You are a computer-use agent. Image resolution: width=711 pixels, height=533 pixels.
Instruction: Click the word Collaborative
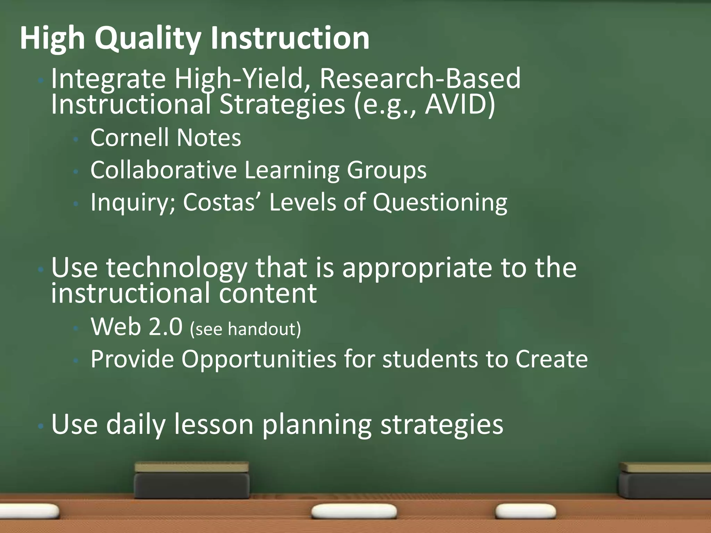coord(164,170)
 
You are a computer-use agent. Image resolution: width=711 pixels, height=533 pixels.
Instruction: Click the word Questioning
coord(440,202)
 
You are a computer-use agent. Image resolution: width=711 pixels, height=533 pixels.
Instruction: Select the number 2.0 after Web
coord(165,327)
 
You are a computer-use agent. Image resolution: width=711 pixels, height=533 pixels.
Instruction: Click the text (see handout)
coord(245,329)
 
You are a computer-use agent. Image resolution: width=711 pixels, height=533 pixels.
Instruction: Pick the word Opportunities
coord(259,359)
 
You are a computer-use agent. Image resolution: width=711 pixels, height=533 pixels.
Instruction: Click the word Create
coord(551,359)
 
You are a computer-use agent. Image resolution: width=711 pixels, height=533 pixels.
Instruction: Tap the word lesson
coord(214,424)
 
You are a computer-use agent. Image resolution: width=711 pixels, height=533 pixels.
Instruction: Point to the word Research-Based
coord(420,79)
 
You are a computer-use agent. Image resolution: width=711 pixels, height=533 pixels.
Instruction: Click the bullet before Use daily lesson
coord(41,425)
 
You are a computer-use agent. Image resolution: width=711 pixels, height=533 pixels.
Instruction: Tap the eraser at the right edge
coord(665,481)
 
